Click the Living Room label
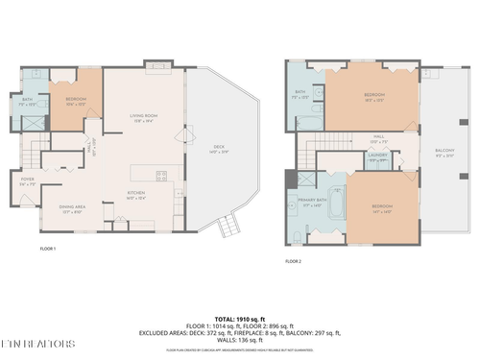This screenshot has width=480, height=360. click(143, 118)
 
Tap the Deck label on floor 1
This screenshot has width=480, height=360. click(218, 149)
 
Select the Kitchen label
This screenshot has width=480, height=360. click(137, 196)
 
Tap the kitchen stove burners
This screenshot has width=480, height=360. click(161, 175)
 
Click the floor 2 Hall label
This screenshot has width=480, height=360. click(378, 140)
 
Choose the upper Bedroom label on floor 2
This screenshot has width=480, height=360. click(374, 96)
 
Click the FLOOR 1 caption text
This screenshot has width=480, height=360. click(47, 249)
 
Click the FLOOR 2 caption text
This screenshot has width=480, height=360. click(293, 261)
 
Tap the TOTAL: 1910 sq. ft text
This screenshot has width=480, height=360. click(239, 318)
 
